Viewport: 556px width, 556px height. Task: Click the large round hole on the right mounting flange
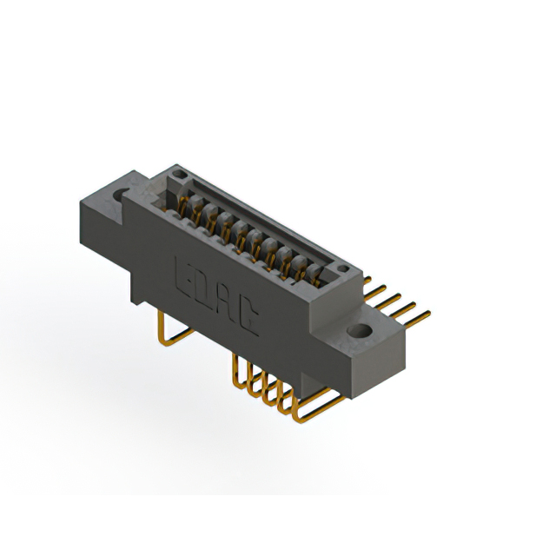point(359,331)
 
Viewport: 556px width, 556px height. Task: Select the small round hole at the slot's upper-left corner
point(178,174)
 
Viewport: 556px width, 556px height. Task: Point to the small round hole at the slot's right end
point(342,268)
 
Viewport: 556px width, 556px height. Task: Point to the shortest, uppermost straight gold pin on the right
point(367,280)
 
